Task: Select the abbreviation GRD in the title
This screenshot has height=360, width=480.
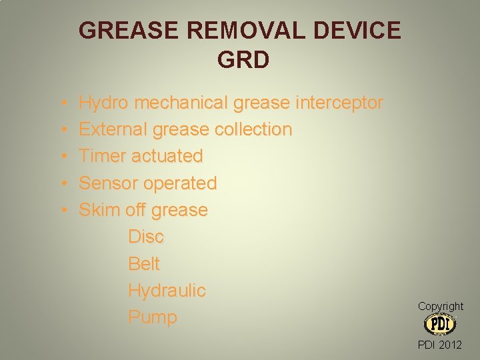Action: (x=243, y=60)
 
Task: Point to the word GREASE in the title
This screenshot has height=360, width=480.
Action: (x=125, y=31)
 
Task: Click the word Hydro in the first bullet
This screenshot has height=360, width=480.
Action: (x=103, y=103)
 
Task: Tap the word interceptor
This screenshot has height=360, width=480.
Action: (x=339, y=103)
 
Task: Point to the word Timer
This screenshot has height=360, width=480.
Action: (x=103, y=156)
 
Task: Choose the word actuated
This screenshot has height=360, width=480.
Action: (x=167, y=156)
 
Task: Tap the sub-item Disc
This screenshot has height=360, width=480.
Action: (x=146, y=237)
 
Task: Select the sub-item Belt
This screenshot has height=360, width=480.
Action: (x=144, y=263)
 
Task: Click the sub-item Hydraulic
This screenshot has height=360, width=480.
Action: (x=167, y=291)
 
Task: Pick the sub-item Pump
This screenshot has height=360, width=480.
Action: (x=153, y=317)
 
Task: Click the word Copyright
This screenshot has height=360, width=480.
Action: (x=440, y=306)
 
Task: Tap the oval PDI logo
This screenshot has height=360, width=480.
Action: (x=439, y=324)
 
